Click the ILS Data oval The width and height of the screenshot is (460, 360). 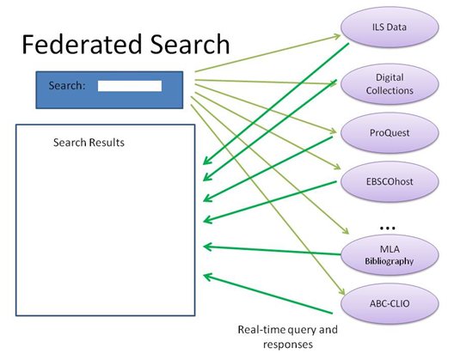coord(389,27)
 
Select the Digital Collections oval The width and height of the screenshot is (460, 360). coord(389,84)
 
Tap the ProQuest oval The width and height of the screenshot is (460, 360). coord(389,133)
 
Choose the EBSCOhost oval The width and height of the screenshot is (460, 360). coord(389,181)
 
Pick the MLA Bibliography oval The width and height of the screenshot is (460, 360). coord(389,255)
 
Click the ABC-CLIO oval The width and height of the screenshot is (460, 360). coord(389,303)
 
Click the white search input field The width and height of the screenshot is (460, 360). coord(130,86)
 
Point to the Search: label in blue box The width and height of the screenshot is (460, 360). coord(67,86)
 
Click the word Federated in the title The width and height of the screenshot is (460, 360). coord(82,45)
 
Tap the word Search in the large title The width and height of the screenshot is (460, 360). coord(190,45)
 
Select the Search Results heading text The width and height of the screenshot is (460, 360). coord(89,143)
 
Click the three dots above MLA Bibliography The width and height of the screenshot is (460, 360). coord(388,228)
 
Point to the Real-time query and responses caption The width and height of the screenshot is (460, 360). coord(287,337)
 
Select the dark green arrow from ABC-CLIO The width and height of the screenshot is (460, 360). coord(268,294)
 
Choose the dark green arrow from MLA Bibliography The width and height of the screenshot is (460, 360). coord(272,251)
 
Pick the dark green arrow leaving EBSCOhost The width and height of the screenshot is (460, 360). coord(270,201)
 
